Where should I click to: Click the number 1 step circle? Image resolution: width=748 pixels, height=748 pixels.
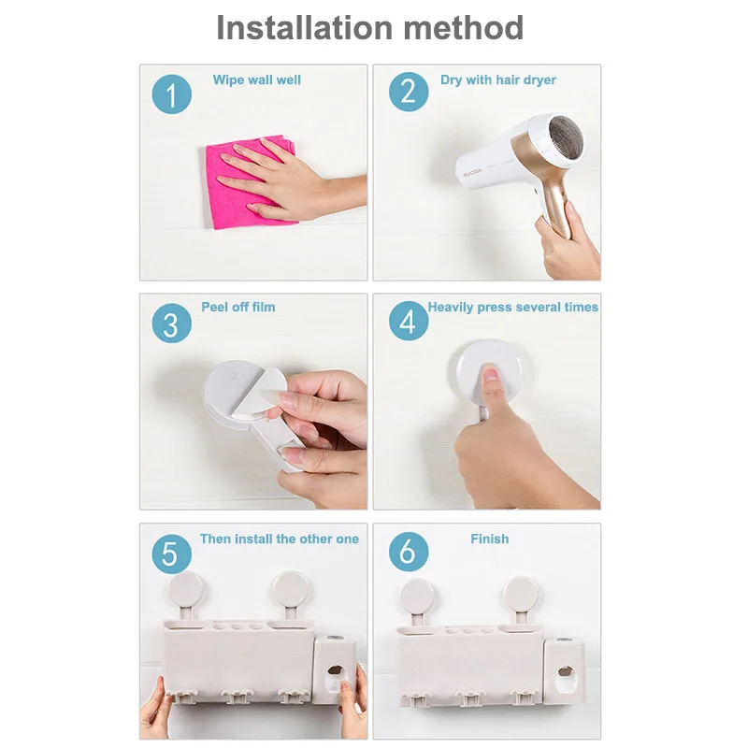pyautogui.click(x=172, y=94)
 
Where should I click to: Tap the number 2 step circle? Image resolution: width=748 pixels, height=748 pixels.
pyautogui.click(x=409, y=92)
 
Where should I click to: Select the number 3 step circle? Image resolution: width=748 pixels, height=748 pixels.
pyautogui.click(x=172, y=323)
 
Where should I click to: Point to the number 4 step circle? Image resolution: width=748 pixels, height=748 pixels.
pyautogui.click(x=409, y=321)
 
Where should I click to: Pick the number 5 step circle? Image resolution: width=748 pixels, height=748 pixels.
pyautogui.click(x=172, y=554)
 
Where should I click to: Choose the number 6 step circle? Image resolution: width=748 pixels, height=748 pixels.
pyautogui.click(x=409, y=552)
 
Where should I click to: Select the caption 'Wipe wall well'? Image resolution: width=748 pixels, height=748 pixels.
pyautogui.click(x=256, y=79)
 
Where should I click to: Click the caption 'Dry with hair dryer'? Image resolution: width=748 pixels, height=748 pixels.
pyautogui.click(x=498, y=79)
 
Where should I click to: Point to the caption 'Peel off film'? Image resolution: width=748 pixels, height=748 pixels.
pyautogui.click(x=238, y=307)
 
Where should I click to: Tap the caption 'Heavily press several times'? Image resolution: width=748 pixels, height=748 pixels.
pyautogui.click(x=512, y=307)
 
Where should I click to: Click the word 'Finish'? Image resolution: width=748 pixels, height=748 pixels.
pyautogui.click(x=489, y=539)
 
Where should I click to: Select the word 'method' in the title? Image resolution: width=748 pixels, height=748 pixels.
pyautogui.click(x=464, y=28)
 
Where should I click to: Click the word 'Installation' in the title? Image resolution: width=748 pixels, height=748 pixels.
pyautogui.click(x=305, y=28)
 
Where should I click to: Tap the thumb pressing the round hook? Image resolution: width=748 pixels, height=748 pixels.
pyautogui.click(x=490, y=387)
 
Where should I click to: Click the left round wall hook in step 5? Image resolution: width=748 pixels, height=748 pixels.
pyautogui.click(x=185, y=590)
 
